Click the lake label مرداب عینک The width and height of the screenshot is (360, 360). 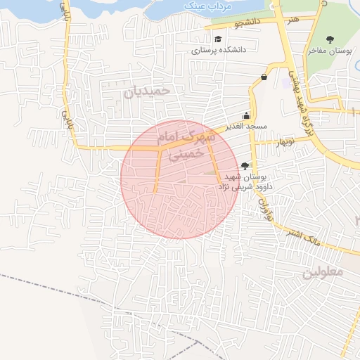(x=200, y=6)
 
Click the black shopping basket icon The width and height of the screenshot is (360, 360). (x=264, y=77)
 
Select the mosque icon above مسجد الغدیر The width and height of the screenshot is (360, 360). (x=246, y=116)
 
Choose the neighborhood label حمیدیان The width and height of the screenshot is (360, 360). (x=148, y=91)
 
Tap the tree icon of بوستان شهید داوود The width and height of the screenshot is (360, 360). (x=244, y=166)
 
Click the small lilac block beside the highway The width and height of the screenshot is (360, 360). (x=285, y=82)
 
